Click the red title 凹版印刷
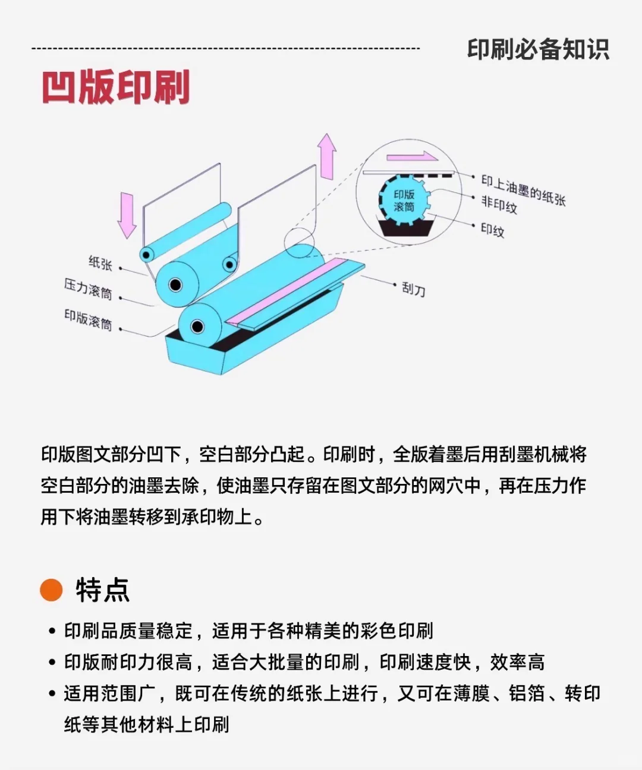116,87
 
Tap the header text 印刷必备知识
538,49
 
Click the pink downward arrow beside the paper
127,214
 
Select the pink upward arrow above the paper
326,156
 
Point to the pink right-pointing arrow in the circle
412,156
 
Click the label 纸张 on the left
100,262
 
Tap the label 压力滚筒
88,289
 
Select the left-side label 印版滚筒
88,319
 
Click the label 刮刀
414,289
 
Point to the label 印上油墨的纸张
523,190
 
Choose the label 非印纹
499,205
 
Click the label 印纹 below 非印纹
492,230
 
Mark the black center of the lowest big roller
197,326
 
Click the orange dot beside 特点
51,590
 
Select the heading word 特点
103,590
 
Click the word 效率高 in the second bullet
517,662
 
